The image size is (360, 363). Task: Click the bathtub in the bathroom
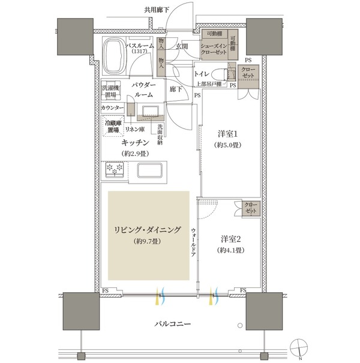[x=115, y=56]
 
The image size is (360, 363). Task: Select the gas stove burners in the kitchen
[x=115, y=169]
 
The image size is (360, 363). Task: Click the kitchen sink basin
[x=150, y=170]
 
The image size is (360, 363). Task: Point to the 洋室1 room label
[x=227, y=134]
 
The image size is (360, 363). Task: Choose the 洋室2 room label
[x=230, y=239]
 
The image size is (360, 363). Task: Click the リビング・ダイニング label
[x=147, y=230]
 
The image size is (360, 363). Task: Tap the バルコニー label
[x=172, y=323]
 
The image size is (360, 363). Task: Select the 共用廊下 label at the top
[x=157, y=10]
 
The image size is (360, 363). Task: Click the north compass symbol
[x=299, y=347]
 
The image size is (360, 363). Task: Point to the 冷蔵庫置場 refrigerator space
[x=113, y=126]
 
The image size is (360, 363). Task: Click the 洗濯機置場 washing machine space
[x=110, y=90]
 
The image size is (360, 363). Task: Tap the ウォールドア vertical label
[x=194, y=242]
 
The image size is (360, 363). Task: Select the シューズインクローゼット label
[x=214, y=49]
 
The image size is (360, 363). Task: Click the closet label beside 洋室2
[x=251, y=208]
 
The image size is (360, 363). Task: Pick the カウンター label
[x=112, y=107]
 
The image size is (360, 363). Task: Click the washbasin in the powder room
[x=151, y=112]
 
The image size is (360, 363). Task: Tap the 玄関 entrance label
[x=182, y=47]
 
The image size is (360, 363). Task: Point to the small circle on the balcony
[x=240, y=325]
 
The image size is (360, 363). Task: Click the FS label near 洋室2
[x=243, y=290]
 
